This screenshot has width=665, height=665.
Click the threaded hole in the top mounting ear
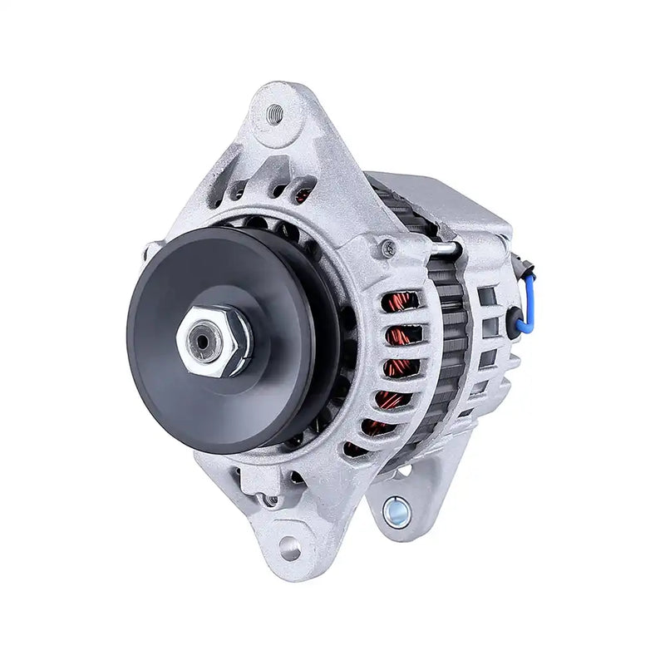pyautogui.click(x=275, y=114)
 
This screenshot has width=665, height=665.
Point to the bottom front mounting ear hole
pyautogui.click(x=289, y=547)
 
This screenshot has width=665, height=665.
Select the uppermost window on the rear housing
pyautogui.click(x=487, y=296)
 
